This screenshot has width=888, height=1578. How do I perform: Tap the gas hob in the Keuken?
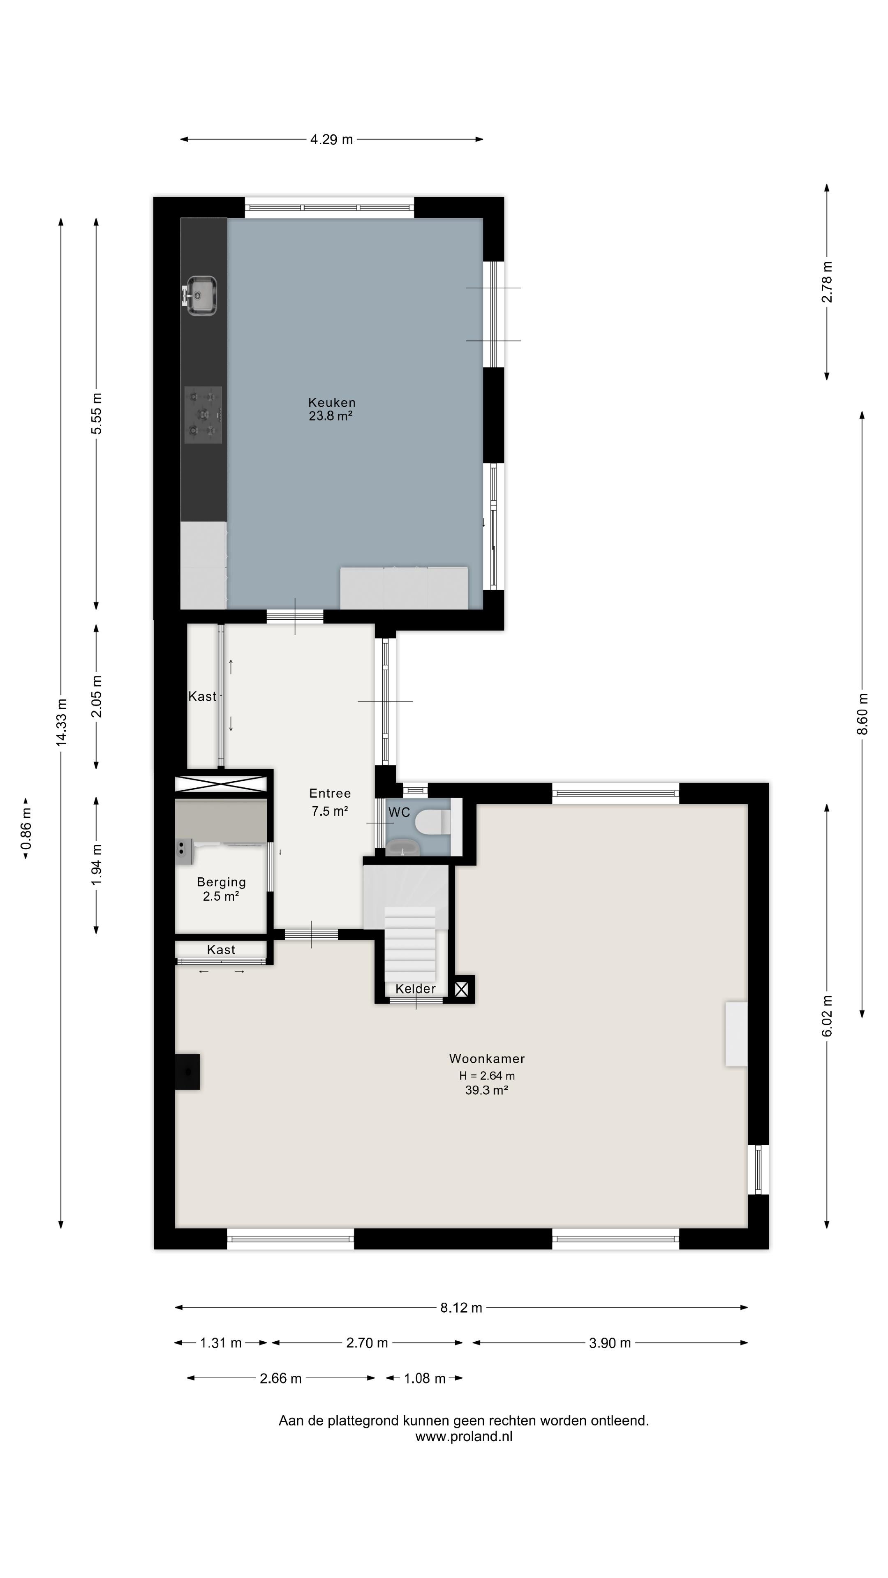(x=203, y=415)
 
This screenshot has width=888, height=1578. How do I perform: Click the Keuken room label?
(x=331, y=402)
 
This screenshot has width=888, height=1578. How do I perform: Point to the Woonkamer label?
(x=487, y=1059)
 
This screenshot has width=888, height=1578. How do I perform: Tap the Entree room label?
(x=330, y=793)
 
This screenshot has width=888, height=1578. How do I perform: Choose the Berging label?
(x=221, y=882)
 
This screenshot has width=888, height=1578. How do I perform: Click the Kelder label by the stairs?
(x=416, y=989)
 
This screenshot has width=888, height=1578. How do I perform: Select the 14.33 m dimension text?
(x=61, y=722)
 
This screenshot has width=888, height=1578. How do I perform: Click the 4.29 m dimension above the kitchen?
(x=331, y=140)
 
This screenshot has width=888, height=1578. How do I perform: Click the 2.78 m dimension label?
(x=827, y=282)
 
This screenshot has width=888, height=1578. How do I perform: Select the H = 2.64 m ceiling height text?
(x=487, y=1076)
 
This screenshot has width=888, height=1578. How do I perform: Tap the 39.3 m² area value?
(x=487, y=1090)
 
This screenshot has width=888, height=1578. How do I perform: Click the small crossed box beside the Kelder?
(x=461, y=989)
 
